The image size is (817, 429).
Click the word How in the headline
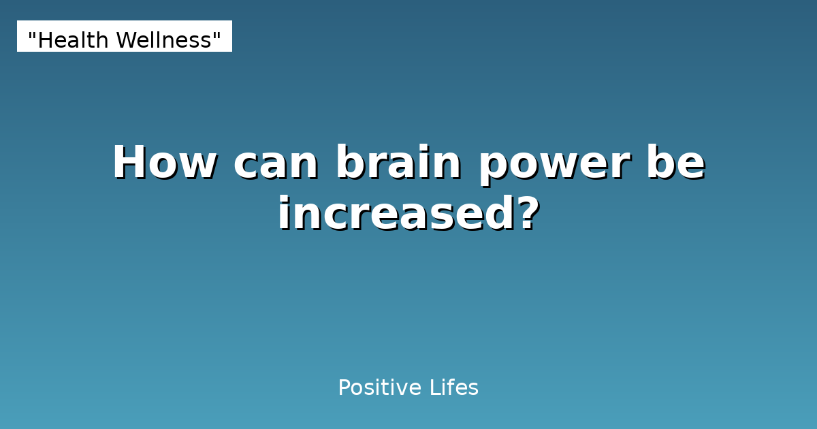[x=164, y=163]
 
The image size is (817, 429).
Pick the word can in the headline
[x=276, y=163]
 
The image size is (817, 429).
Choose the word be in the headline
[x=676, y=163]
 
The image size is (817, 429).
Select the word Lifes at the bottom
[x=453, y=388]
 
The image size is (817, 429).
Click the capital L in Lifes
[x=434, y=388]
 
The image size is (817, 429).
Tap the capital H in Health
[x=44, y=41]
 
